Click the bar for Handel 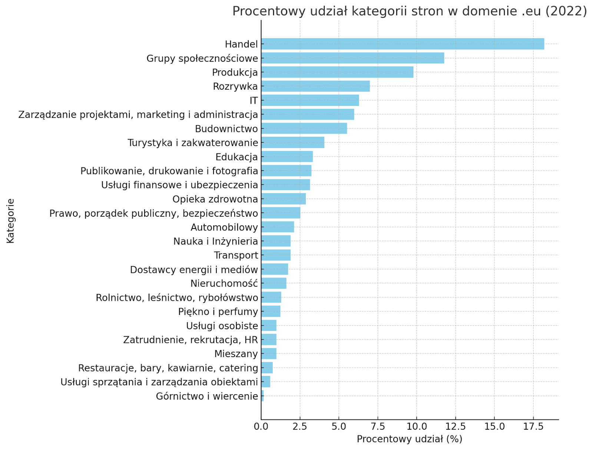click(x=402, y=44)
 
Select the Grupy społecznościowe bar click(x=352, y=58)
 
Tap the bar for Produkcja click(x=337, y=72)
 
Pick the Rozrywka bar click(x=315, y=86)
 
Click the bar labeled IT click(x=310, y=100)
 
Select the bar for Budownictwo click(x=304, y=129)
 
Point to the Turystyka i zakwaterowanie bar click(x=292, y=143)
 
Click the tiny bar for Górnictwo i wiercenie click(x=262, y=396)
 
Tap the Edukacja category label click(x=236, y=157)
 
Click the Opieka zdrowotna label click(x=215, y=199)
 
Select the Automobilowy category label click(x=224, y=227)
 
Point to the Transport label click(x=236, y=256)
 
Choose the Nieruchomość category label click(x=224, y=284)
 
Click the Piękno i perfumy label click(x=218, y=312)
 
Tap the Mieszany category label click(x=236, y=354)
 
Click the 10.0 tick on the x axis click(x=416, y=427)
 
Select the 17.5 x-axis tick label click(x=533, y=427)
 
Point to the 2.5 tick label click(x=300, y=427)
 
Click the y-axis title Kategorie click(x=10, y=221)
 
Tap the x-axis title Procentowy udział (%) click(x=410, y=439)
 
